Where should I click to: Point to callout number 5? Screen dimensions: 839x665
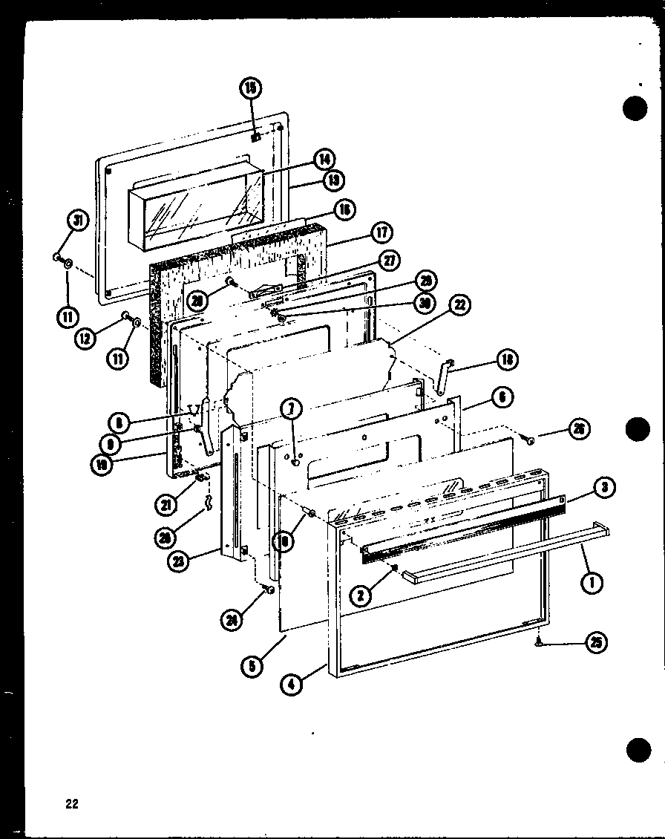[252, 666]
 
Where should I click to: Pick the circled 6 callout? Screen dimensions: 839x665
[502, 398]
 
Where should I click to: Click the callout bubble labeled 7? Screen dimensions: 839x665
[291, 407]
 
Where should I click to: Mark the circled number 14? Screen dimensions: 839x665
[323, 158]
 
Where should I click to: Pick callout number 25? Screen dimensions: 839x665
[594, 644]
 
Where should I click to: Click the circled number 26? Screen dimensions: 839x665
[578, 428]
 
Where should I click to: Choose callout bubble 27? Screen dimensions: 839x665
[389, 260]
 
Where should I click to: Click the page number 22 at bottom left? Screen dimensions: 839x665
[71, 803]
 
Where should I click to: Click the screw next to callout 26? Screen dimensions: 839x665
[530, 440]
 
